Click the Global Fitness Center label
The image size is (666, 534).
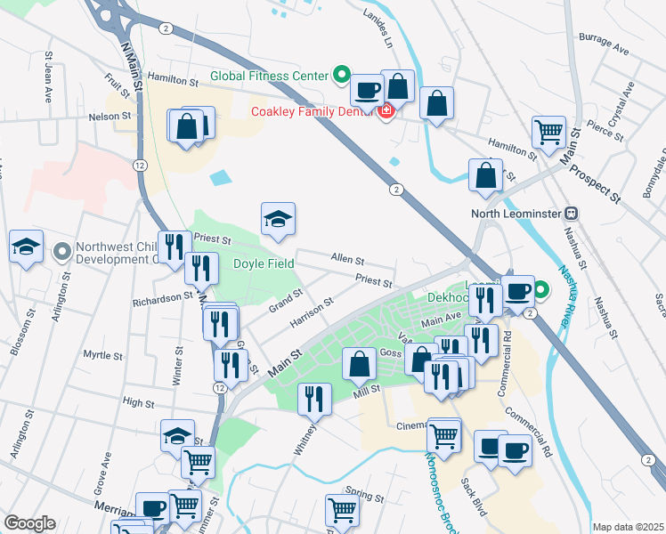tap(270, 76)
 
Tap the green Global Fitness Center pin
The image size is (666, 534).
tap(340, 75)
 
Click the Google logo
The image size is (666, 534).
tap(29, 523)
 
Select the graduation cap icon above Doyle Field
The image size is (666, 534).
tap(278, 220)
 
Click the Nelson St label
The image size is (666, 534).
tap(110, 116)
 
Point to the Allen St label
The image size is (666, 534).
tap(347, 260)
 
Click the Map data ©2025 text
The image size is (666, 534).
tap(628, 527)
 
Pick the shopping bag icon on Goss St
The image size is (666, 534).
tap(359, 364)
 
